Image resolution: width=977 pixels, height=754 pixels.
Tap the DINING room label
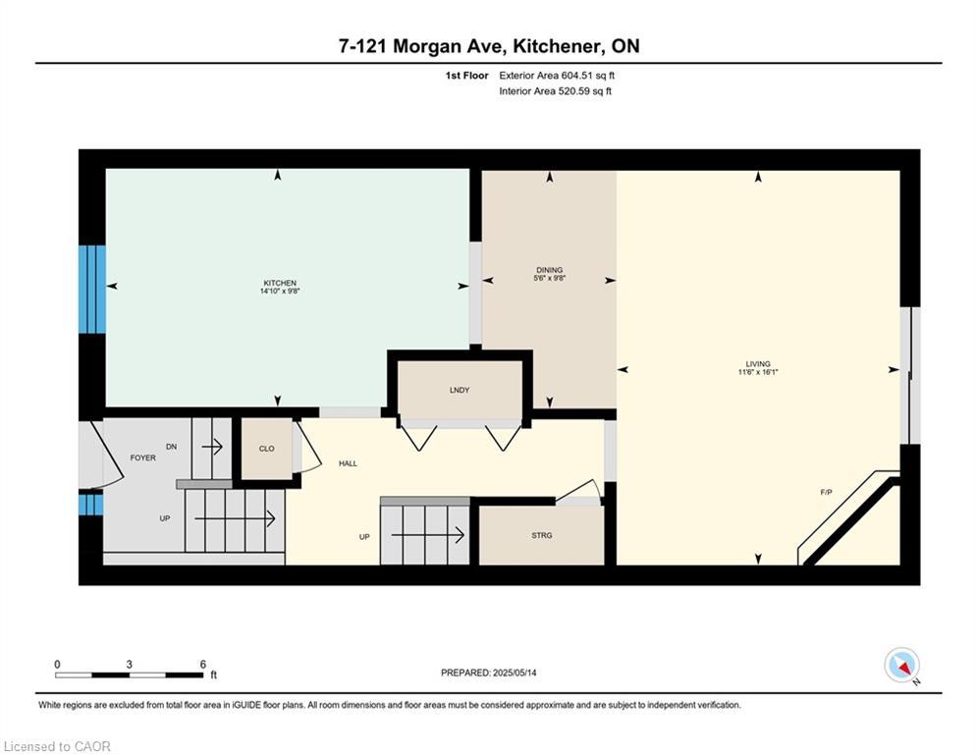click(550, 269)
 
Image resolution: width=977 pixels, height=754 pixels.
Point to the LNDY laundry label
click(459, 390)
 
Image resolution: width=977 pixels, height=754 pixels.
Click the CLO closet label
click(266, 449)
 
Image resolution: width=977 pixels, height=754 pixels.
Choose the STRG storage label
click(542, 535)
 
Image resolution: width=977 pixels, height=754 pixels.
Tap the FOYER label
click(142, 458)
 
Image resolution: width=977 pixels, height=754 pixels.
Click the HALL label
click(348, 462)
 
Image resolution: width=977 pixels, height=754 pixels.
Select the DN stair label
click(172, 447)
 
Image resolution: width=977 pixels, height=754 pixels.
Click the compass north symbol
click(900, 666)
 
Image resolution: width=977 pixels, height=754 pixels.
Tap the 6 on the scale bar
click(202, 664)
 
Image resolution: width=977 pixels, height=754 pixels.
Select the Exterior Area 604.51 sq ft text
click(557, 75)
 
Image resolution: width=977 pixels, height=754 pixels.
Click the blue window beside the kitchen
click(92, 289)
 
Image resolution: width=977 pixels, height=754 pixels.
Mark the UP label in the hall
click(364, 536)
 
